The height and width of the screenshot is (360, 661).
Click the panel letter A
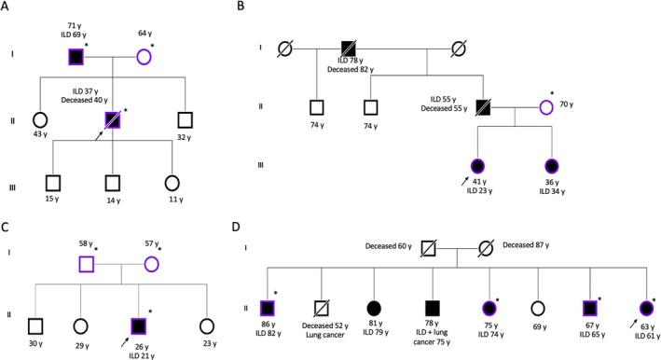coord(5,6)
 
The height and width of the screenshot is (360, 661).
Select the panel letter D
coord(236,227)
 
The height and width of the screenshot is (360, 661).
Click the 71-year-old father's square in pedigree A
coord(76,57)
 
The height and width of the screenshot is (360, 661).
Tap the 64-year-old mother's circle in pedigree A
coord(144,57)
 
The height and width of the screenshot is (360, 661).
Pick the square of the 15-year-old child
coord(53,183)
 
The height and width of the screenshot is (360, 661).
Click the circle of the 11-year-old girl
coord(172,183)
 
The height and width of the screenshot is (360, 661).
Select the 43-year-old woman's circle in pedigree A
coord(40,120)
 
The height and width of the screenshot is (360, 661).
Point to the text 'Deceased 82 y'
coord(351,69)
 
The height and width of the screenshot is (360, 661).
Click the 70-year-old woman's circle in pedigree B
coord(546,107)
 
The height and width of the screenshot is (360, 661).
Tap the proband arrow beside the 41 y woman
coord(464,181)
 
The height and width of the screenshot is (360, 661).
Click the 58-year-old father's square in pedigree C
coord(87,264)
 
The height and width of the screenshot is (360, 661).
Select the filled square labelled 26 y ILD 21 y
coord(139,325)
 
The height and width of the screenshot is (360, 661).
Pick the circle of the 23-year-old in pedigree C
coord(207,325)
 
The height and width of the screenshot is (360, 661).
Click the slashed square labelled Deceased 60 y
coord(428,248)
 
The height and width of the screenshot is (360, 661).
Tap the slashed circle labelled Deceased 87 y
coord(486,248)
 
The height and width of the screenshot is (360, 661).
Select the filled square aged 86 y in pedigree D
coord(268,308)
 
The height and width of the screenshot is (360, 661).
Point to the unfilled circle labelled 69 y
coord(538,308)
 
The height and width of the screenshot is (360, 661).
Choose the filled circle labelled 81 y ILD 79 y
coord(374,308)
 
